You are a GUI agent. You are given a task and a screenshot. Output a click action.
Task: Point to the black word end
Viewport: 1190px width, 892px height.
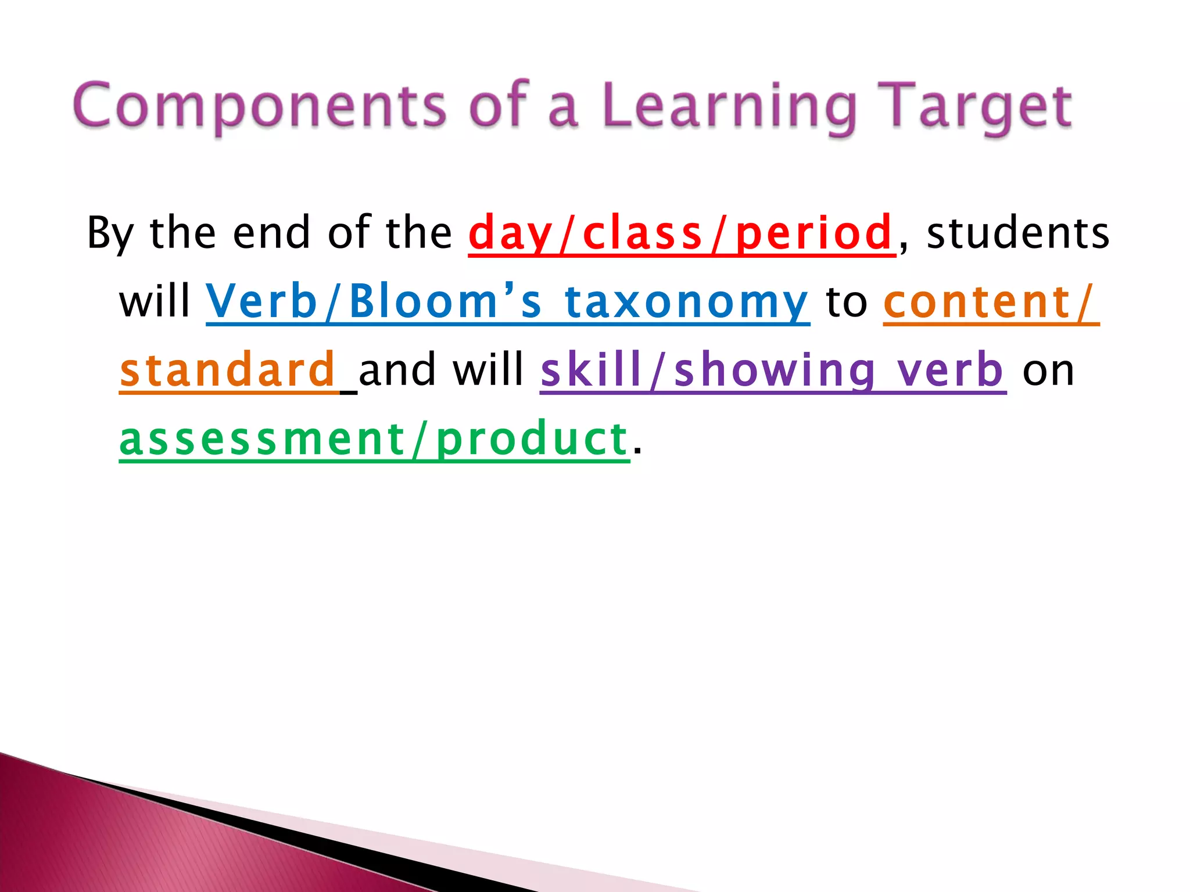tap(272, 232)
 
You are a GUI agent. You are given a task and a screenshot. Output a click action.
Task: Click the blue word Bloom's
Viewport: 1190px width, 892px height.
tap(445, 302)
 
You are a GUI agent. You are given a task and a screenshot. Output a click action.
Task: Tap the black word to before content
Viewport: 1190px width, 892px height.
tap(847, 302)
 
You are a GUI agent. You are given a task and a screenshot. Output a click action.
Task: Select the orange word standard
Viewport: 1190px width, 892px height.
tap(228, 370)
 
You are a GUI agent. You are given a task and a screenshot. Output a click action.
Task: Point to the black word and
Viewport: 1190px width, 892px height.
tap(398, 370)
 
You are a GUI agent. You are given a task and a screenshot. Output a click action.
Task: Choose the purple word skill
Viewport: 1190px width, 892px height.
tap(591, 370)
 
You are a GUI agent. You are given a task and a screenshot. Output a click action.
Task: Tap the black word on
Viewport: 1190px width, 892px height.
tap(1048, 371)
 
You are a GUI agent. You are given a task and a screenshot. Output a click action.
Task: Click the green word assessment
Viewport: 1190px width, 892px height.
tap(262, 439)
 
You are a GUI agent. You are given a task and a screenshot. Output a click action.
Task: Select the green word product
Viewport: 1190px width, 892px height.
tap(532, 439)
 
